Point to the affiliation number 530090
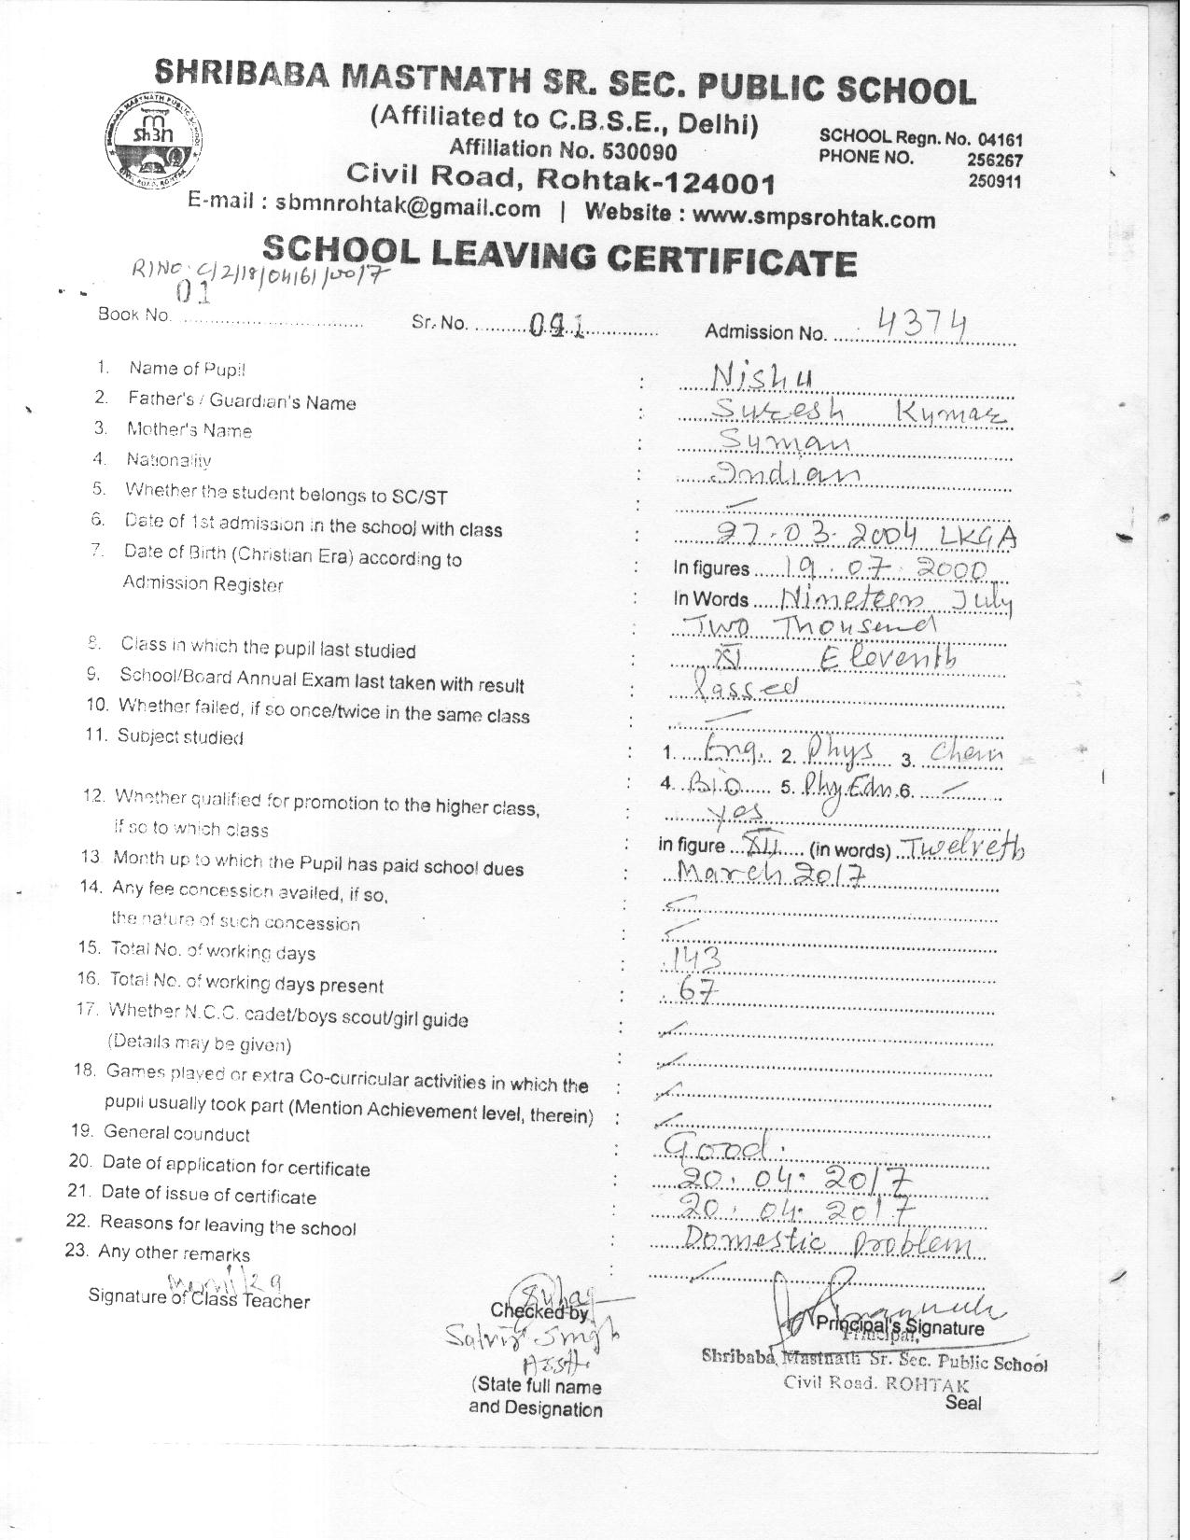click(x=643, y=152)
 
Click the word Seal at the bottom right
click(x=963, y=1402)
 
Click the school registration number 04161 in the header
click(x=1000, y=138)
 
